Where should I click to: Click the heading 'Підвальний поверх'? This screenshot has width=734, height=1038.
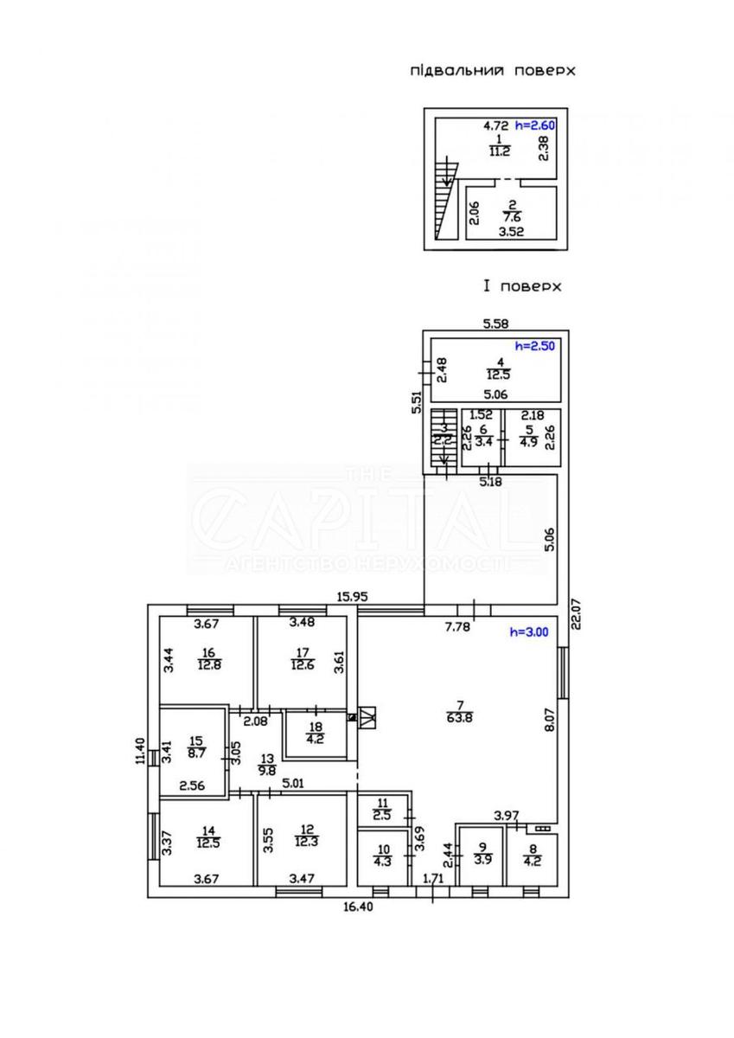click(x=492, y=71)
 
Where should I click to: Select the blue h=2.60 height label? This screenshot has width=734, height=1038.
click(x=534, y=125)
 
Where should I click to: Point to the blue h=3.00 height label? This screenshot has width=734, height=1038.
click(x=528, y=632)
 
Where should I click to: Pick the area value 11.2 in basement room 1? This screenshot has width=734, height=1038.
click(x=498, y=150)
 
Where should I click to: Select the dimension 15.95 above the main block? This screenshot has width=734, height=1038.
click(x=354, y=596)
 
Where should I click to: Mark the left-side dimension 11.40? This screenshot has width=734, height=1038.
click(x=137, y=752)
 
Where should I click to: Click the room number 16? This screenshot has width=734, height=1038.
click(x=208, y=654)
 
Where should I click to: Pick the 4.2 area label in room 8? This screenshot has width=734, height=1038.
click(x=533, y=861)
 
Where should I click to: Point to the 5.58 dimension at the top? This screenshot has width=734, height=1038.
click(x=495, y=324)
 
